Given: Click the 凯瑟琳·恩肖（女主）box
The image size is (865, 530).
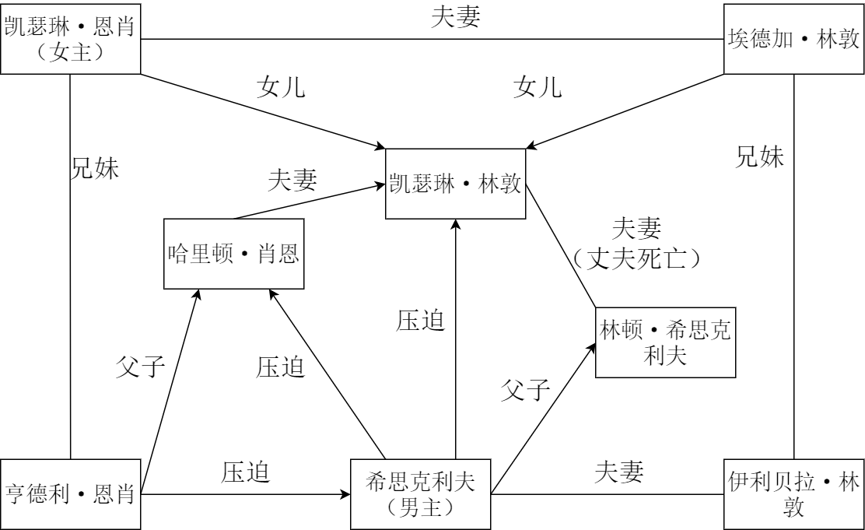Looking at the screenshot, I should pos(70,38).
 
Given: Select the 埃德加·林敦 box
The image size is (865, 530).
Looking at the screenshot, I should pos(793,38).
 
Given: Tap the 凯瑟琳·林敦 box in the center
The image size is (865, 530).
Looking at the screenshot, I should pos(456,184).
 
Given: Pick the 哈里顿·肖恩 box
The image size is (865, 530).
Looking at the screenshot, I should pos(233,254).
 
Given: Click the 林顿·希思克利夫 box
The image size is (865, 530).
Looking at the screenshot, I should pos(664,342).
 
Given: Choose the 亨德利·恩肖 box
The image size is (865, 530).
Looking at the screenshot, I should pos(70,493).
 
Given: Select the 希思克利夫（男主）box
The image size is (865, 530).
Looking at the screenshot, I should pos(421,493).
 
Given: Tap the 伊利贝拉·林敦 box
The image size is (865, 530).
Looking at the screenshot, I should pos(793,493).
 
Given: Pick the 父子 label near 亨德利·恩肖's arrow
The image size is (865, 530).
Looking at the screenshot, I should pos(142,367).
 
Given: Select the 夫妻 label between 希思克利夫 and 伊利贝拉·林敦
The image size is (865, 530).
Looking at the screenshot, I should pos(620,472).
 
